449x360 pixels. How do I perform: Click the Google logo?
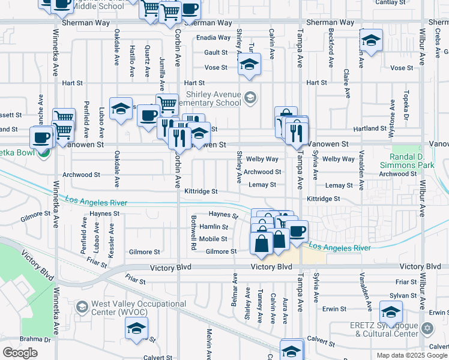(x=20, y=353)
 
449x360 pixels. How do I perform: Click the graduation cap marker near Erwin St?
(x=391, y=312)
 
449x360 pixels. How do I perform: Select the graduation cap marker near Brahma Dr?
(x=136, y=328)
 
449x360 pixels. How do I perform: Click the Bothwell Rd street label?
(x=194, y=232)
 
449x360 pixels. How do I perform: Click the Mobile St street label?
(x=214, y=239)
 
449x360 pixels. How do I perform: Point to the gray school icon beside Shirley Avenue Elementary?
(x=250, y=97)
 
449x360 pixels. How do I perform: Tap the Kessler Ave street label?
(x=111, y=241)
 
